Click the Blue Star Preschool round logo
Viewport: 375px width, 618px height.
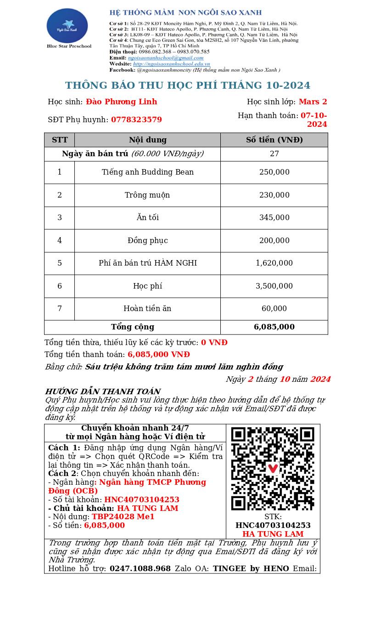67,26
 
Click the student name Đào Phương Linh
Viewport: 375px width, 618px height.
121,102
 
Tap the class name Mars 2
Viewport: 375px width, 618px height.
313,102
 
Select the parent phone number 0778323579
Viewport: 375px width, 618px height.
136,120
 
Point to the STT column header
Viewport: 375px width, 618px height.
60,140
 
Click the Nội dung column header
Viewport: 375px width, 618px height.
147,140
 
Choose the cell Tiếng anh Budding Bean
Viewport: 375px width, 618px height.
147,172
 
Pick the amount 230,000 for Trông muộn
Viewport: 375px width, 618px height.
274,195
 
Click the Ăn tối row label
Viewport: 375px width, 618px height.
147,218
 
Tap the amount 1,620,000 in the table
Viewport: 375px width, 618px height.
274,263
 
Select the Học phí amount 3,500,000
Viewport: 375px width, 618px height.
274,286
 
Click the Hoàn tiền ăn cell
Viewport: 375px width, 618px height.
147,309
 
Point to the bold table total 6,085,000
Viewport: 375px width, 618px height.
274,327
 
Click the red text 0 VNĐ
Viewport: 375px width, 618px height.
214,343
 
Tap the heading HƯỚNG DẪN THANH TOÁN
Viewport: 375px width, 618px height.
102,392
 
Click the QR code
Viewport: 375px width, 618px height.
273,468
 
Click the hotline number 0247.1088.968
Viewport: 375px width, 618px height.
140,569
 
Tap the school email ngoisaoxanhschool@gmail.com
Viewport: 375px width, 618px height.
165,58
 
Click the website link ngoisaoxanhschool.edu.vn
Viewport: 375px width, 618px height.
171,64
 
